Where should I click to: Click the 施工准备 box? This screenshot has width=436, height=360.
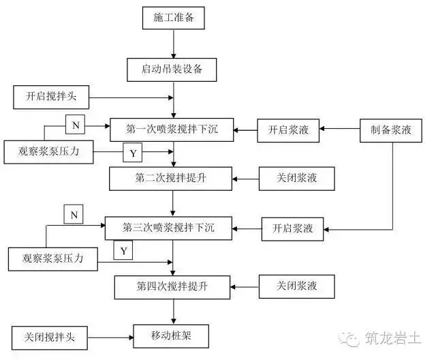(x=173, y=17)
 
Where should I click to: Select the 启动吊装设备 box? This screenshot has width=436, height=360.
(x=173, y=70)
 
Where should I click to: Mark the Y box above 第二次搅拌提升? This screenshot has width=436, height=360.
(x=132, y=153)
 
